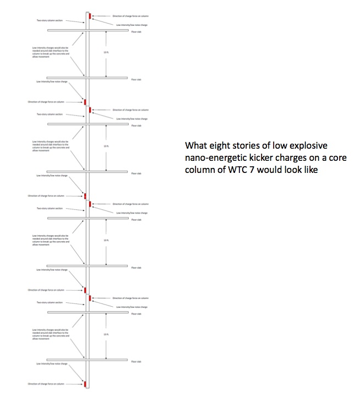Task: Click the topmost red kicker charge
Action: pyautogui.click(x=89, y=17)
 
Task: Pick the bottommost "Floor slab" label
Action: pyautogui.click(x=136, y=361)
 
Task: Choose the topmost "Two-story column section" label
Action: pyautogui.click(x=50, y=20)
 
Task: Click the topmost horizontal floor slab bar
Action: pyautogui.click(x=88, y=31)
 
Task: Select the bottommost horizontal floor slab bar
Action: pyautogui.click(x=88, y=360)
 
